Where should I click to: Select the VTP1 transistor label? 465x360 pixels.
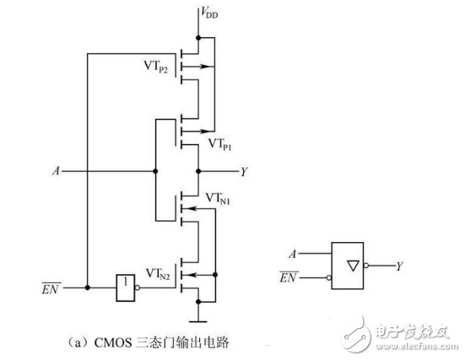click(x=221, y=144)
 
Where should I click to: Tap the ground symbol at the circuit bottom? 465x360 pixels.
click(x=197, y=319)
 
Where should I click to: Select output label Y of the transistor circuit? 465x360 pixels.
click(x=244, y=171)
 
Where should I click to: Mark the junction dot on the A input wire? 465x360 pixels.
click(x=155, y=170)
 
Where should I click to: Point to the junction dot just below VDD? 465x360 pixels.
click(x=197, y=37)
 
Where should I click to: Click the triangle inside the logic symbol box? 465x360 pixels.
click(x=349, y=265)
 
